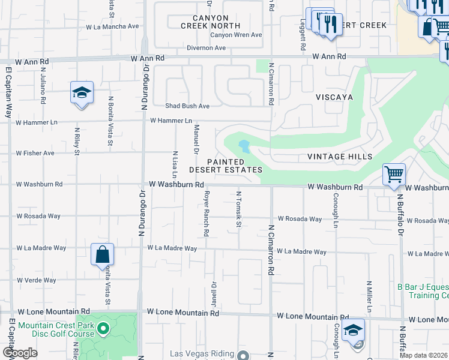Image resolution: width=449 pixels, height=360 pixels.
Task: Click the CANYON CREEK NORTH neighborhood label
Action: tap(210, 22)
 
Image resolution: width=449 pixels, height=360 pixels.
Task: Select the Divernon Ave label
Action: tap(206, 48)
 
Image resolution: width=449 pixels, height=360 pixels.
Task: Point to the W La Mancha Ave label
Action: tap(112, 26)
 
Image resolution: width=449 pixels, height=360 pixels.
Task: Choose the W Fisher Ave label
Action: tap(35, 153)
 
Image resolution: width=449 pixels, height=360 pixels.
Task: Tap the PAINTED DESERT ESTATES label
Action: tap(226, 166)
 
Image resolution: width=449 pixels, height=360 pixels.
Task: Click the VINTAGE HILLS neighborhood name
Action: tap(340, 157)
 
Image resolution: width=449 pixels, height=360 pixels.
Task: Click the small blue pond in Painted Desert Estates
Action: tap(244, 146)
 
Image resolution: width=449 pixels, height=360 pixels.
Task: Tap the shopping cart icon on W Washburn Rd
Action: tap(394, 175)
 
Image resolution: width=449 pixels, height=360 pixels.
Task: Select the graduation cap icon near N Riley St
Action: tap(82, 93)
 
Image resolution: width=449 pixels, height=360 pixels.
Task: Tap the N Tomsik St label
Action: tap(238, 209)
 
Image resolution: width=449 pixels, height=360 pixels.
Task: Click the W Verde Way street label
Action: tap(37, 280)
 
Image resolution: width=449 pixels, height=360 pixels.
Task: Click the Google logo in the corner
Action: tap(20, 353)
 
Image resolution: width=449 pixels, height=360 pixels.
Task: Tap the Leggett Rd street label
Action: tap(304, 37)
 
